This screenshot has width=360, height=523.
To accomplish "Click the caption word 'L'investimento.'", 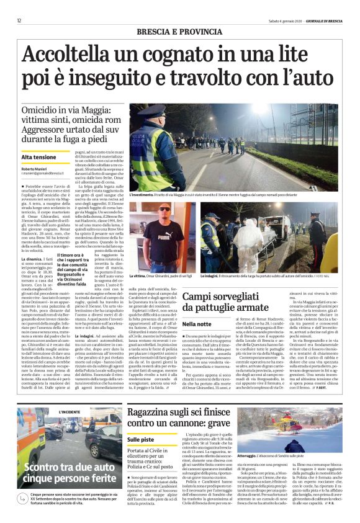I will coord(142,195).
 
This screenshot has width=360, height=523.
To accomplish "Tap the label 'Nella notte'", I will coord(198,341).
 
